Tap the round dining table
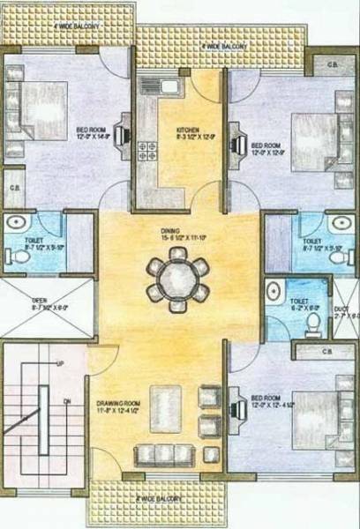pos(177,275)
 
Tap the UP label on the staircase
pos(60,363)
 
